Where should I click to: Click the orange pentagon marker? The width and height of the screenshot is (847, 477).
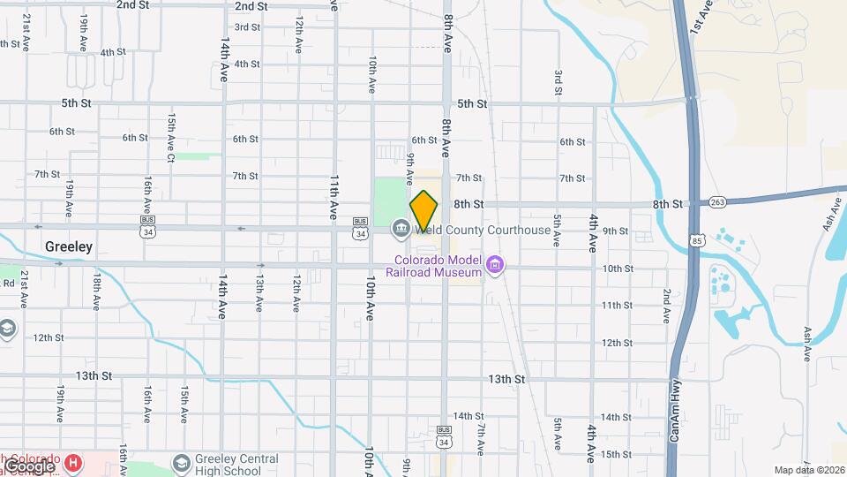[x=424, y=212]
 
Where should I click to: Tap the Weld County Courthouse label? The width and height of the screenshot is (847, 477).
[x=483, y=231]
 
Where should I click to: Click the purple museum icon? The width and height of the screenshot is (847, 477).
[x=495, y=265]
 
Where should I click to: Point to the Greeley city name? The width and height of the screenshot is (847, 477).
[x=69, y=247]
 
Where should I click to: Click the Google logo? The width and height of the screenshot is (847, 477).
[x=28, y=466]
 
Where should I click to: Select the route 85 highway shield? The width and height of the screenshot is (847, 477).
[x=698, y=238]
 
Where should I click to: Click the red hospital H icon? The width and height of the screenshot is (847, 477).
[x=74, y=462]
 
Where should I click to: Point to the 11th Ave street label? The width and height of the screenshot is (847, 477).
[x=335, y=196]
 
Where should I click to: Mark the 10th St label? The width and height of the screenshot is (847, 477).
[x=618, y=269]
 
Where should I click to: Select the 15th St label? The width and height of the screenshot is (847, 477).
[x=616, y=454]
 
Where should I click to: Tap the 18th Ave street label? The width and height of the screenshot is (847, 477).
[x=95, y=291]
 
